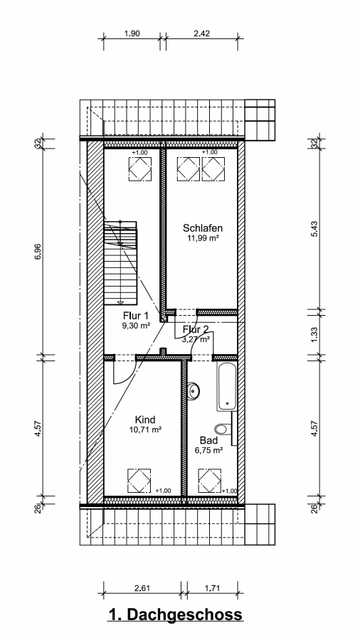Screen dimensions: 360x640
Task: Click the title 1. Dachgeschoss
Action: pos(176,614)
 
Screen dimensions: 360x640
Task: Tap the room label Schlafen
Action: pos(203,228)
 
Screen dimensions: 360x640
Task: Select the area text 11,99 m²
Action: pos(201,238)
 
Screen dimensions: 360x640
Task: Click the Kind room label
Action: pos(145,420)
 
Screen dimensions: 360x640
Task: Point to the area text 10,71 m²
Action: pos(145,430)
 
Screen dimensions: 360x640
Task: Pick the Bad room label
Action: pos(208,440)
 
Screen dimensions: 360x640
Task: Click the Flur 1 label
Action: pos(135,316)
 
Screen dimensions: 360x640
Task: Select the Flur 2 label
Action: pos(196,329)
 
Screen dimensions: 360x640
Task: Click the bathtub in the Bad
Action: pos(226,386)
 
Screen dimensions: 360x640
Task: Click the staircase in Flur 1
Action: pos(120,263)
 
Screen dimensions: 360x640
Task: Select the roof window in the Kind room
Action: pos(139,481)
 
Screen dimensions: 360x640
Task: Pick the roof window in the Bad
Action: pos(209,481)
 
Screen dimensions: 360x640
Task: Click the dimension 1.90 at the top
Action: pos(132,33)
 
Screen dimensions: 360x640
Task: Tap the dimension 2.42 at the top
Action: pos(201,33)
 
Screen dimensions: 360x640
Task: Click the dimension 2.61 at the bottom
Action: pos(142,588)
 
